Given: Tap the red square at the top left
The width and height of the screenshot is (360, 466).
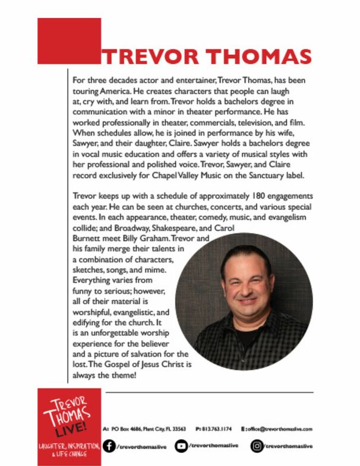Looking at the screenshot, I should [69, 40].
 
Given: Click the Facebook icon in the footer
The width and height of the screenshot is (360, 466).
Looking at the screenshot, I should [109, 446].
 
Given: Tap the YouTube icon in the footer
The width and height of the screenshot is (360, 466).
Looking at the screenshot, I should [181, 446].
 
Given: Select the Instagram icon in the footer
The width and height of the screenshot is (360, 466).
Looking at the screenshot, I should [257, 446].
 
